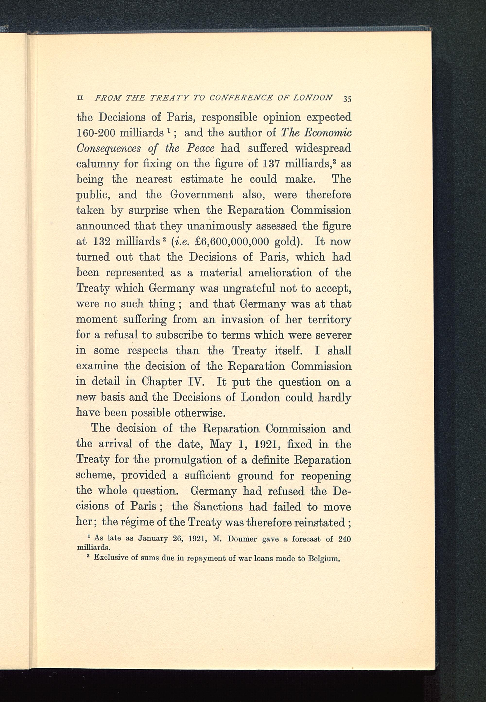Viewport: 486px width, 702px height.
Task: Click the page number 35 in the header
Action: click(x=347, y=99)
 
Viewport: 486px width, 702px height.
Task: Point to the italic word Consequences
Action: click(x=108, y=148)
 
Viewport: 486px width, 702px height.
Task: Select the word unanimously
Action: click(x=219, y=226)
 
